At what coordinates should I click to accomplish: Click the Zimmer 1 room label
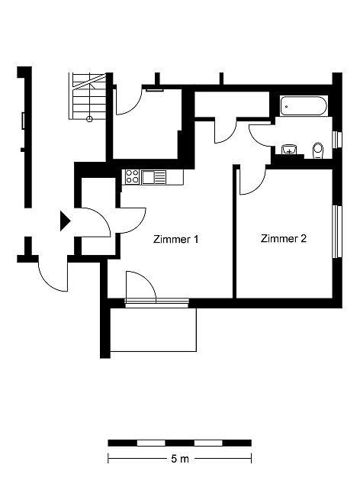(x=175, y=240)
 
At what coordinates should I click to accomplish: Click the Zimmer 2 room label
(x=283, y=238)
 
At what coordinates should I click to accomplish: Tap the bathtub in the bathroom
(x=304, y=106)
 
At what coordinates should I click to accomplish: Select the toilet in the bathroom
(x=318, y=150)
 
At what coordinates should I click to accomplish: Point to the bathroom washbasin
(x=289, y=150)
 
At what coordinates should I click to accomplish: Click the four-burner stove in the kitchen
(x=132, y=177)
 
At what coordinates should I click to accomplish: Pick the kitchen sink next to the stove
(x=153, y=177)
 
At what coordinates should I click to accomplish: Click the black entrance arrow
(x=65, y=221)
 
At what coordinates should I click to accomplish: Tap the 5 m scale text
(x=180, y=459)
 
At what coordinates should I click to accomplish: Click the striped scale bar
(x=179, y=443)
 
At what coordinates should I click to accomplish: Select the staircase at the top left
(x=87, y=96)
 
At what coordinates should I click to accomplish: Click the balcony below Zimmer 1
(x=153, y=330)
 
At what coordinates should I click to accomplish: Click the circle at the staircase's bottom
(x=89, y=118)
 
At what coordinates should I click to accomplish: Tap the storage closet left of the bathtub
(x=232, y=105)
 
